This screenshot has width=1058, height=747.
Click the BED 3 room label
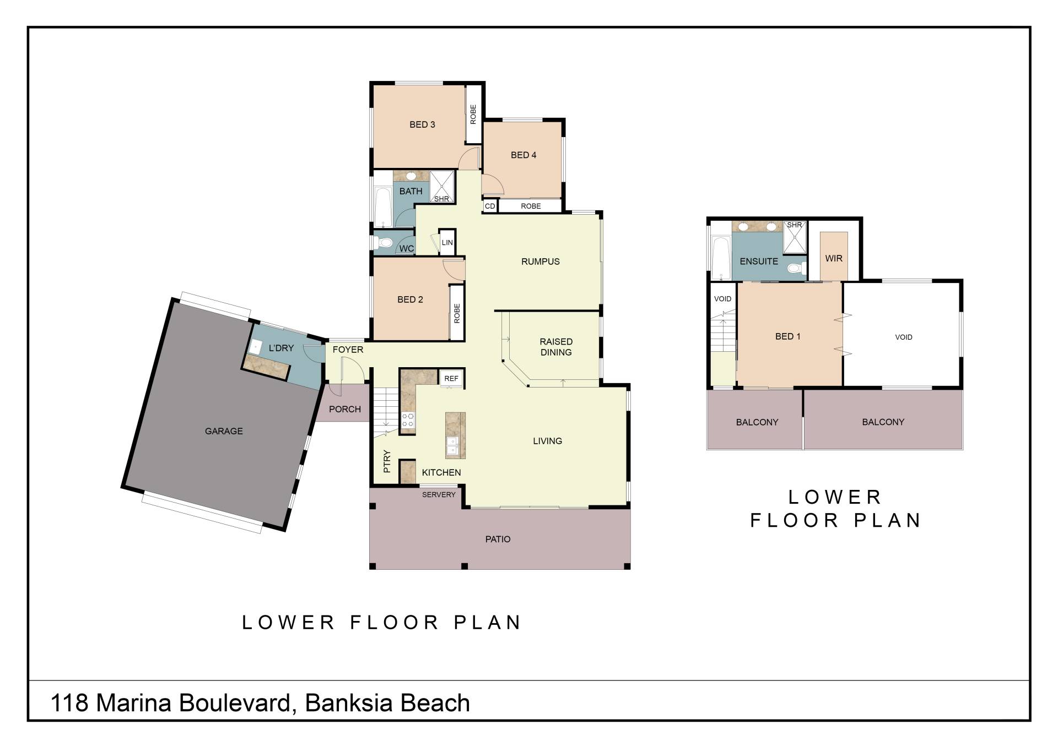click(x=422, y=124)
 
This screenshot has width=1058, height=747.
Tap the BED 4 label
click(x=523, y=155)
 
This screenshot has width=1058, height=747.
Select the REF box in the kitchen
click(x=451, y=378)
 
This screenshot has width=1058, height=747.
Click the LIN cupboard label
click(x=447, y=242)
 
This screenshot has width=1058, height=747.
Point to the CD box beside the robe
click(x=490, y=206)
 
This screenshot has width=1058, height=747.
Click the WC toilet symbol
click(x=384, y=242)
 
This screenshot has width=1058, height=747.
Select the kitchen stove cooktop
click(x=408, y=420)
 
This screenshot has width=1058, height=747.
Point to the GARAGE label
click(x=224, y=431)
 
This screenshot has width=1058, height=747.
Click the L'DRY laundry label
click(x=281, y=348)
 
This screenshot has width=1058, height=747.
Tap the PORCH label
click(x=345, y=409)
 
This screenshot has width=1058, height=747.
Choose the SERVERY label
click(x=439, y=495)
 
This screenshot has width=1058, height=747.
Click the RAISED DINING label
click(x=556, y=347)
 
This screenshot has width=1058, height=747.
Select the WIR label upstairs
click(x=834, y=258)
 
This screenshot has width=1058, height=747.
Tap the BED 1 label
click(x=788, y=336)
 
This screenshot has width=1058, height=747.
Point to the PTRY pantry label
click(x=387, y=461)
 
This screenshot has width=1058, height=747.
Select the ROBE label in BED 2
click(x=457, y=313)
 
